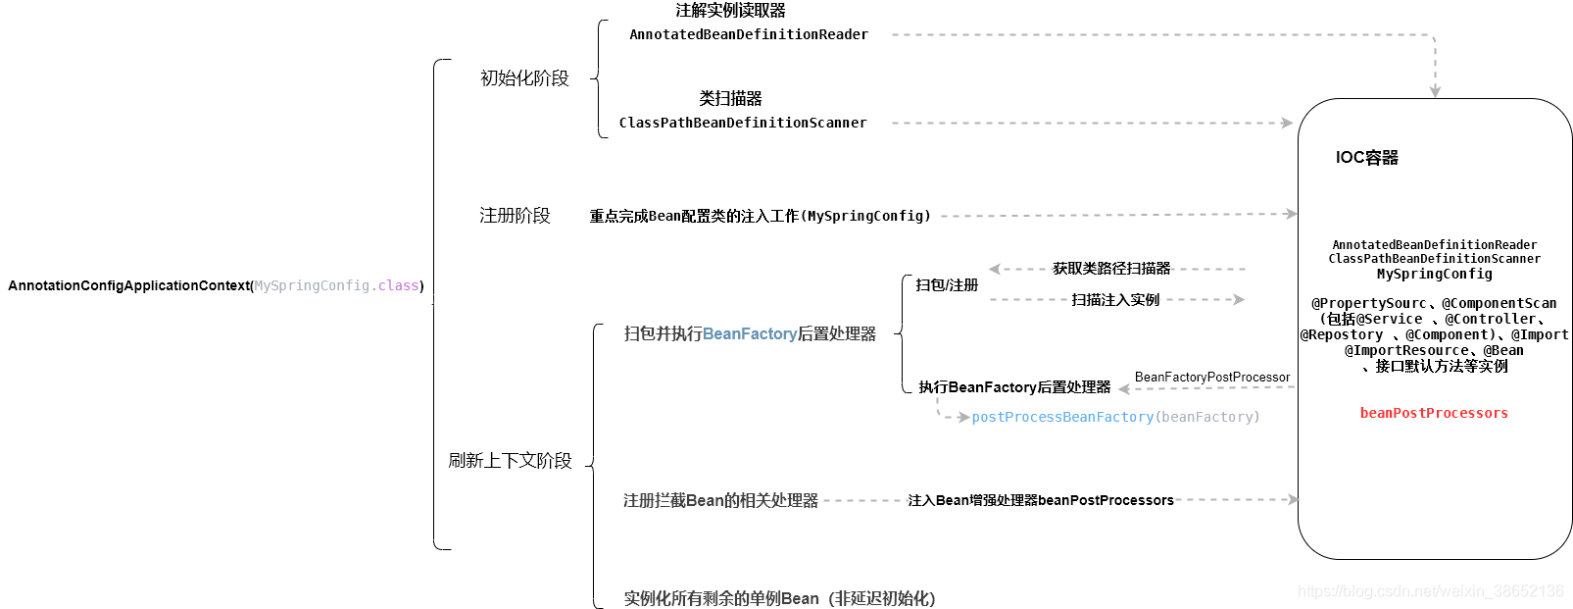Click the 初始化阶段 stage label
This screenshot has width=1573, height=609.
coord(524,78)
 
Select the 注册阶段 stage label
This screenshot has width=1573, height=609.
coord(515,216)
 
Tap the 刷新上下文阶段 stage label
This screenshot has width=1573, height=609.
coord(510,461)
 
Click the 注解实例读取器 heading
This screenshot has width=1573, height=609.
coord(730,11)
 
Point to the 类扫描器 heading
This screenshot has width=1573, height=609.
coord(730,99)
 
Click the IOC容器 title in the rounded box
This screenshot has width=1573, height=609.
coord(1366,158)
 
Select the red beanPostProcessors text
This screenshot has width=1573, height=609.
coord(1434,414)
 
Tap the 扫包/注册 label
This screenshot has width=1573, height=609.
coord(947,285)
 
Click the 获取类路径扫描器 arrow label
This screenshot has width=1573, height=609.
coord(1111,269)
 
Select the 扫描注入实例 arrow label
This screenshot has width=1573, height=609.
coord(1115,300)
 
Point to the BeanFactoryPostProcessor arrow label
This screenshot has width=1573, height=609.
coord(1212,378)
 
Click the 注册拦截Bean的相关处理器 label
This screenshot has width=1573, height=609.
coord(720,501)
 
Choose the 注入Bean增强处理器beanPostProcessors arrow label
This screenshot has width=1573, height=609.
coord(1040,501)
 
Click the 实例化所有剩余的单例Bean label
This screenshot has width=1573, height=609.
coord(779,598)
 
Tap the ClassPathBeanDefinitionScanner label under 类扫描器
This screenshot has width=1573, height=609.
coord(743,124)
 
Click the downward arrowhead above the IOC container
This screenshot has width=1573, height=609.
coord(1435,91)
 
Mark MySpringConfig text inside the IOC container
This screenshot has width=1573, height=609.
coord(1434,275)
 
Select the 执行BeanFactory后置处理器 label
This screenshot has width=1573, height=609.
coord(1014,387)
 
